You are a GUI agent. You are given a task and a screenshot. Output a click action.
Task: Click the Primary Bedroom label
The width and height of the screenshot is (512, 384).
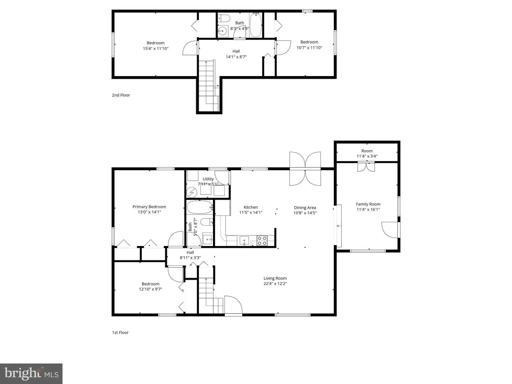(149, 207)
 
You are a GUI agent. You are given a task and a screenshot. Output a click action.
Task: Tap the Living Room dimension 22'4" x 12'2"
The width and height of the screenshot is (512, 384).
(275, 283)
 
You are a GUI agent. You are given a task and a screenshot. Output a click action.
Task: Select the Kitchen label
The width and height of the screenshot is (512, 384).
(251, 207)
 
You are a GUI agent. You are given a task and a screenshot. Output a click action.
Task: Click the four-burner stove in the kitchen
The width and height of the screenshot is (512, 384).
(262, 240)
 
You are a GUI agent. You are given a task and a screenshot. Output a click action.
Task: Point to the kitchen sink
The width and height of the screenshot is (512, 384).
(244, 240)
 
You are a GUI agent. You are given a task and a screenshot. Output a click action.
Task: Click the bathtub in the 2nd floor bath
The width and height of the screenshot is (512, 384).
(255, 25)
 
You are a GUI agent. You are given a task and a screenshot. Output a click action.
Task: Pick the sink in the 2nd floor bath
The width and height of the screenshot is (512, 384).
(222, 31)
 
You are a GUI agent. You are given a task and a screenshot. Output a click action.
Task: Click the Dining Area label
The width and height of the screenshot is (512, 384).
(305, 207)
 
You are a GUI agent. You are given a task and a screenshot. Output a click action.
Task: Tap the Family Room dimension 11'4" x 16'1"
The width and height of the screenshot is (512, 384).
(368, 209)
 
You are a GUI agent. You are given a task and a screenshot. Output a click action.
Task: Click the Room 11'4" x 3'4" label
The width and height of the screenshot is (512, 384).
(367, 153)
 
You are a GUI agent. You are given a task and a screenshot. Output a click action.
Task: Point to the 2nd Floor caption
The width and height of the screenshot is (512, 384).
(121, 95)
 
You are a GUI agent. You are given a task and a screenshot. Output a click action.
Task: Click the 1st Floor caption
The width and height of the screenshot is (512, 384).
(120, 332)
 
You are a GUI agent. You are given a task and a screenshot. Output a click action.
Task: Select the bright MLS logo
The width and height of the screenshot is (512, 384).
(31, 374)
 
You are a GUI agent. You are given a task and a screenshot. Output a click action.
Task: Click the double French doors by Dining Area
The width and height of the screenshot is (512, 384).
(305, 169)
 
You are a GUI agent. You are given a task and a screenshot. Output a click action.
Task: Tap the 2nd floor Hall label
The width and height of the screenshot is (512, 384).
(236, 51)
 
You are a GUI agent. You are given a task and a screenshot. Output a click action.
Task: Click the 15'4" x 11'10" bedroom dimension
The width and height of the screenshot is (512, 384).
(155, 48)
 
